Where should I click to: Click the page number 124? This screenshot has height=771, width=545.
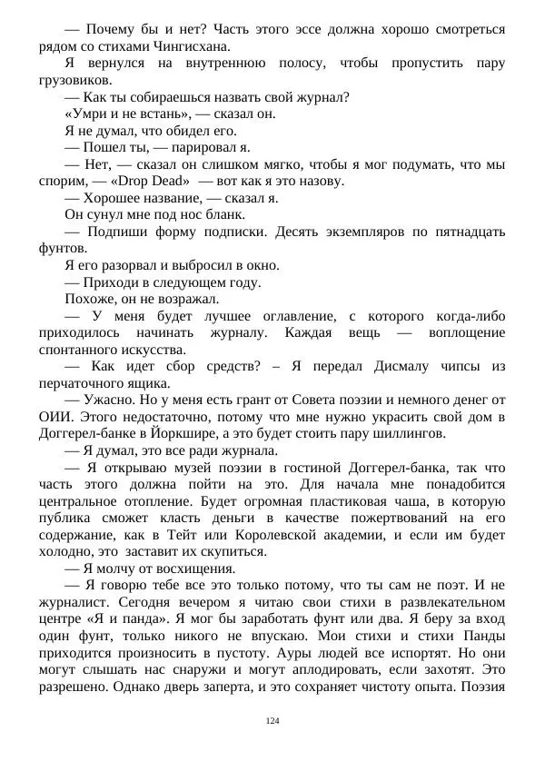pyautogui.click(x=272, y=720)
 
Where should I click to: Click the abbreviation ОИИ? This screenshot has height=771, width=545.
pyautogui.click(x=55, y=417)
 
